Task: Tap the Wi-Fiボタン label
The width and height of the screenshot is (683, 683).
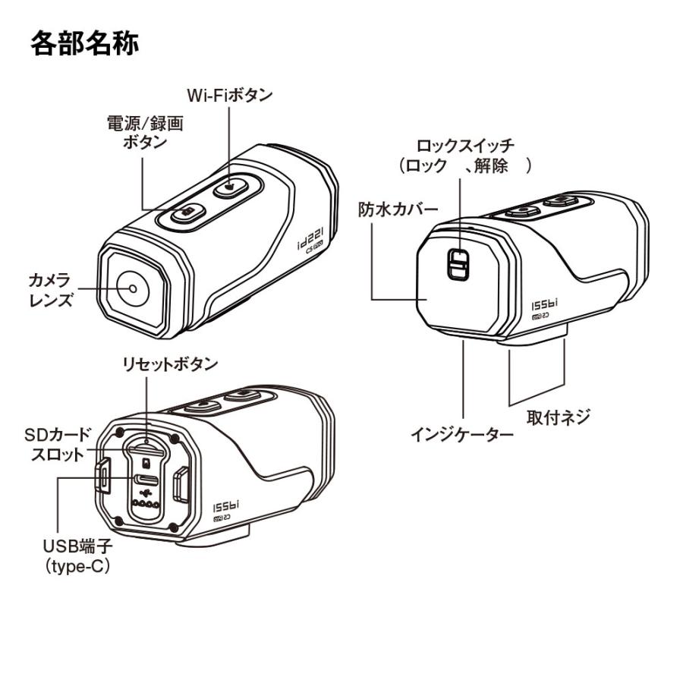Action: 228,95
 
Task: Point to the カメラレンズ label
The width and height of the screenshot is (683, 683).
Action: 51,290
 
